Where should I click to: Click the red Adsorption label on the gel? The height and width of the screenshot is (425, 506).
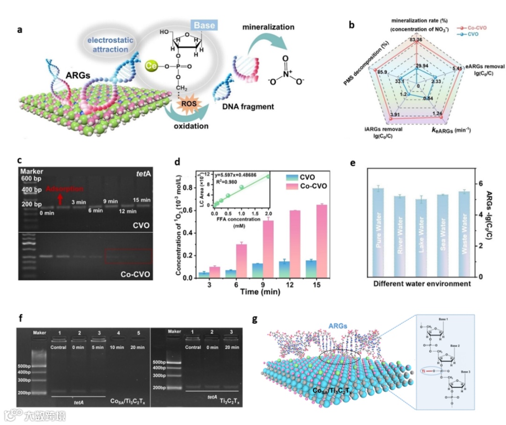(x=64, y=189)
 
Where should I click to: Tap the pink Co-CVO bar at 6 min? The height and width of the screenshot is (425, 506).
(x=241, y=261)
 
